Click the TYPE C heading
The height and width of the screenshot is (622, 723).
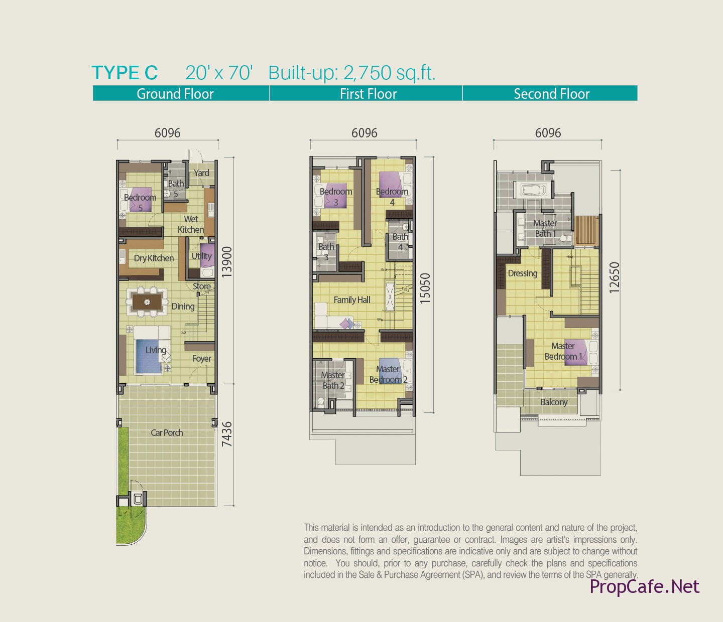(x=125, y=73)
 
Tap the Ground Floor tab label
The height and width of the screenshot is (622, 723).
(x=175, y=94)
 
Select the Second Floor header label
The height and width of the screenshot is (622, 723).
(x=551, y=94)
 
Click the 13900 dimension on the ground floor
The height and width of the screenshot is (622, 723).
(x=226, y=262)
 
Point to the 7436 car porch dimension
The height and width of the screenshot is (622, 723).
(x=226, y=434)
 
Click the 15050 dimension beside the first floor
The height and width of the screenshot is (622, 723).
(x=425, y=288)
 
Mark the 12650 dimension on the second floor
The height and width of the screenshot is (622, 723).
(x=614, y=277)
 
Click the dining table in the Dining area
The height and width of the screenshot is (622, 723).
(x=147, y=302)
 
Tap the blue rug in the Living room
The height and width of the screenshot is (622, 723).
(x=149, y=357)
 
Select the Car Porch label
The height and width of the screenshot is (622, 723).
(x=167, y=432)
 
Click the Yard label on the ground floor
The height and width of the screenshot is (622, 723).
(x=201, y=173)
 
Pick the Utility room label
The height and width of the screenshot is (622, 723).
(x=201, y=256)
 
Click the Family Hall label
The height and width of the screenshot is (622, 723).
(x=351, y=300)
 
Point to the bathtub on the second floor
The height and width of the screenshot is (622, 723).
(x=533, y=190)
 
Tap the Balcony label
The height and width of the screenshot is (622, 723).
(x=554, y=402)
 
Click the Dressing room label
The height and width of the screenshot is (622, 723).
(x=523, y=273)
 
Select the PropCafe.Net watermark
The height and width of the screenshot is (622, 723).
(x=644, y=586)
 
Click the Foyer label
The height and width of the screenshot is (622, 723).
(x=201, y=359)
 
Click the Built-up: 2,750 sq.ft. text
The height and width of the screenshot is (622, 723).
(x=351, y=73)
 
